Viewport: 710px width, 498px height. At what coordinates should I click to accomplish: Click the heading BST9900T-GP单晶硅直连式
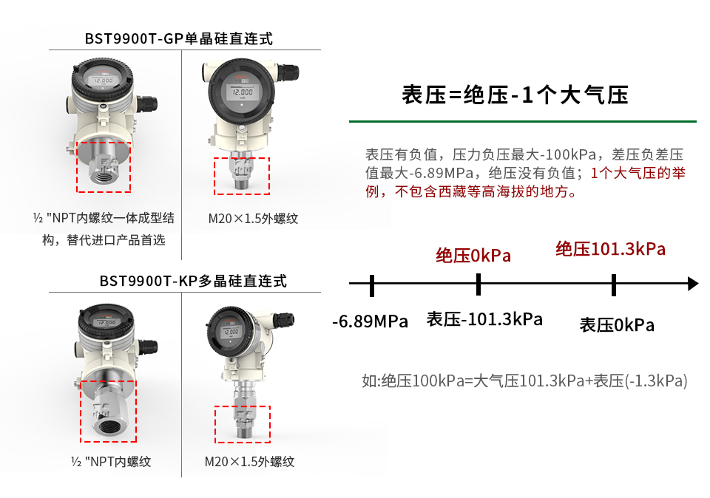[179, 38]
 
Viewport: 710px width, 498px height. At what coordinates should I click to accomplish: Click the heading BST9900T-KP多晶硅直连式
[193, 281]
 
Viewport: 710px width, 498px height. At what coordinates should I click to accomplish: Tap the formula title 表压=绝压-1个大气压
[515, 95]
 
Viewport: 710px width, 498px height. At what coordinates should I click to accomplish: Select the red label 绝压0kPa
[473, 256]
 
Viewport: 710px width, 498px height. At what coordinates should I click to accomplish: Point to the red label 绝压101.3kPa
[610, 249]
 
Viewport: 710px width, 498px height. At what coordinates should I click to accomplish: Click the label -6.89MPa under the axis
[370, 321]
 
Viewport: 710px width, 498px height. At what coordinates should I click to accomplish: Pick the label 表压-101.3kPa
[484, 319]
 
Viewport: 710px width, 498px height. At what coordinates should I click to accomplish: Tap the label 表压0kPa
[617, 325]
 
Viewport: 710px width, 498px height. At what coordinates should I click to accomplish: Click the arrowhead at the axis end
[693, 284]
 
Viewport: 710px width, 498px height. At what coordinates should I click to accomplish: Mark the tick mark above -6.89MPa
[372, 285]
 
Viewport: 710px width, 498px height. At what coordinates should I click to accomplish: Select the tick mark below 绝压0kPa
[479, 284]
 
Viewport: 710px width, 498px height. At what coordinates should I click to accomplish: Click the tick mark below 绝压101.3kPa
[614, 285]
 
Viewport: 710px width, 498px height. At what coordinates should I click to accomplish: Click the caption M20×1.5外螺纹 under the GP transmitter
[253, 219]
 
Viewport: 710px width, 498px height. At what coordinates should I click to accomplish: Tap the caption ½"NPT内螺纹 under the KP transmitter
[111, 461]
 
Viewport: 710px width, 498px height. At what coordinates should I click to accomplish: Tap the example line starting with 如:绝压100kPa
[524, 381]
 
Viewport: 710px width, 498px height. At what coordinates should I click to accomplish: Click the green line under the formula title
[523, 121]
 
